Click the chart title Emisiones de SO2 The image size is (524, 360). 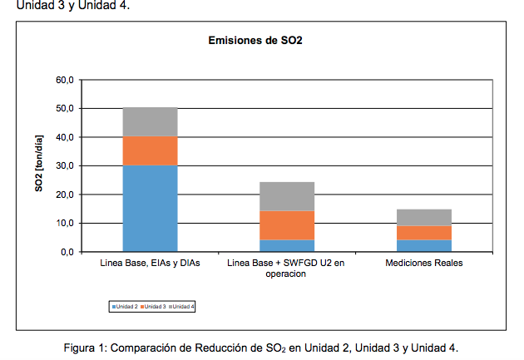(x=255, y=41)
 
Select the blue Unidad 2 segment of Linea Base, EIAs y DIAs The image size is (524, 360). (x=150, y=209)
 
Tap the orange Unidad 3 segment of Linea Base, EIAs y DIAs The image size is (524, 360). (x=150, y=151)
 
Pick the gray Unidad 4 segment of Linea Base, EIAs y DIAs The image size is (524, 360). (x=150, y=122)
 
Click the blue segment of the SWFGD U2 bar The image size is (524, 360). (x=287, y=245)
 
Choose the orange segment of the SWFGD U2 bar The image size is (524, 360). (x=287, y=225)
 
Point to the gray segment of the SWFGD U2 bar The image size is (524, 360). (x=287, y=197)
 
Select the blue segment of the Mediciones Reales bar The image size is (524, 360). (x=424, y=245)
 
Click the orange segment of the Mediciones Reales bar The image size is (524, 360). (x=424, y=233)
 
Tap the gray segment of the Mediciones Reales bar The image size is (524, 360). (x=424, y=218)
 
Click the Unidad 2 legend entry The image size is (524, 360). (x=125, y=307)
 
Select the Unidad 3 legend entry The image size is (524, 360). (x=153, y=307)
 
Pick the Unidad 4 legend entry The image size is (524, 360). (x=181, y=307)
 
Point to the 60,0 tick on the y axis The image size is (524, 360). (x=65, y=80)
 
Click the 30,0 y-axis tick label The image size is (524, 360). (x=65, y=166)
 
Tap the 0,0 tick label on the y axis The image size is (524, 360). (x=67, y=252)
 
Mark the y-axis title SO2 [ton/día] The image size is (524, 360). (x=39, y=163)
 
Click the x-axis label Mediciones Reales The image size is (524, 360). (x=424, y=264)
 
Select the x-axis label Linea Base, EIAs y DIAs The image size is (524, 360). (x=150, y=264)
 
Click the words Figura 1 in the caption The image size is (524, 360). (x=85, y=348)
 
